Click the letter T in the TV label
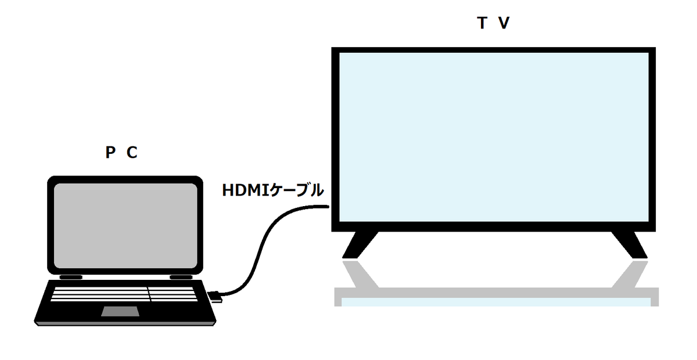(482, 24)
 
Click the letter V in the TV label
(504, 24)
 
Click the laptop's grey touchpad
(121, 311)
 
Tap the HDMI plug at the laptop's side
(214, 296)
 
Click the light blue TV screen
(493, 137)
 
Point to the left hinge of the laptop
(70, 276)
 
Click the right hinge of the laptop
(181, 276)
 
